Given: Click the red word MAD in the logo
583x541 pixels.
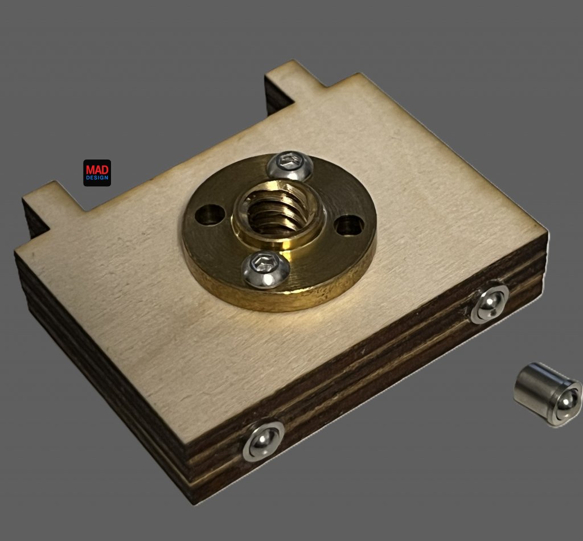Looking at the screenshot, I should tap(97, 170).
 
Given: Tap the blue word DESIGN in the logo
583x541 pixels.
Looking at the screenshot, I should tap(97, 178).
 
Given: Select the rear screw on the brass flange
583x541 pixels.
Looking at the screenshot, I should tap(289, 165).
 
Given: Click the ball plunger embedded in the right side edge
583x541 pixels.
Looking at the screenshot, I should tap(489, 304).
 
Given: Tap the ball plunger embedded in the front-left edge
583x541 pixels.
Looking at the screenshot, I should tap(264, 440).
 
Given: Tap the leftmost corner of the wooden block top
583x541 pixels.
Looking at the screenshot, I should tap(17, 251).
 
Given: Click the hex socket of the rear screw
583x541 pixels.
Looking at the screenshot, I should tap(290, 160).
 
